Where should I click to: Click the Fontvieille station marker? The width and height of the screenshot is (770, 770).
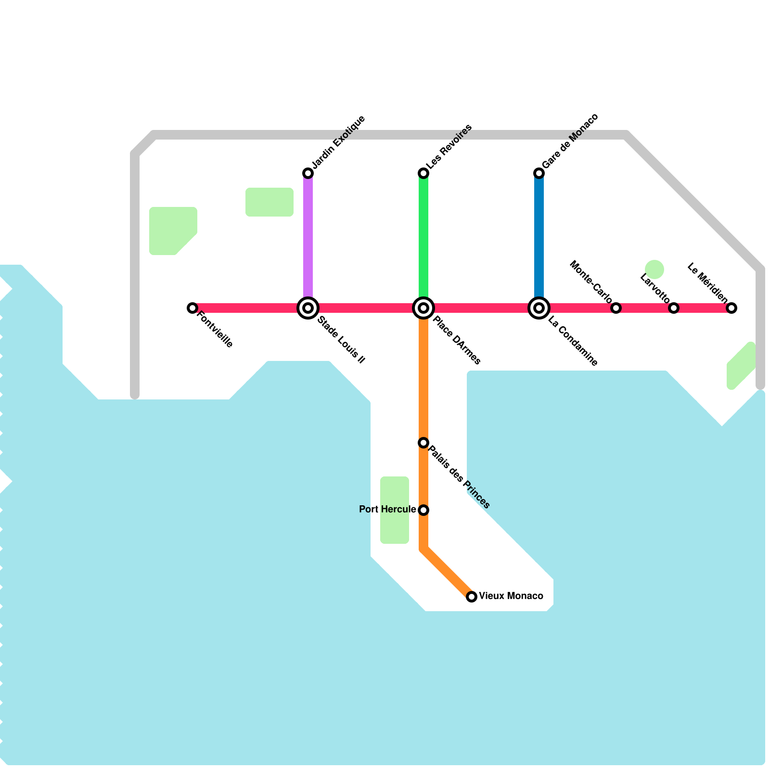pos(192,308)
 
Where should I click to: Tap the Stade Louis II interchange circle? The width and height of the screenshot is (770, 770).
pos(308,308)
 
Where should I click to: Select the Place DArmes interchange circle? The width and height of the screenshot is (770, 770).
pos(423,308)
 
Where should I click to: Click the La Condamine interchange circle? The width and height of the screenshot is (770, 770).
pos(539,308)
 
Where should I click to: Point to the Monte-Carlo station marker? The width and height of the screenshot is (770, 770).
pos(616,308)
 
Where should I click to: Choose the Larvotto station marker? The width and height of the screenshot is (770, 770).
pos(674,308)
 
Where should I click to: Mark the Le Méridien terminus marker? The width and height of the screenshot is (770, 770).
pos(731,308)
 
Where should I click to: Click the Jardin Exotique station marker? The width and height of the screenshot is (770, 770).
pos(308,173)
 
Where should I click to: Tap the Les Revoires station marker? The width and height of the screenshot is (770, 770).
pos(423,173)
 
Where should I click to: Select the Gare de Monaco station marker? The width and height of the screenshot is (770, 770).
pos(539,173)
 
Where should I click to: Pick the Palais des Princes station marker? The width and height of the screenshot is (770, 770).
pos(423,443)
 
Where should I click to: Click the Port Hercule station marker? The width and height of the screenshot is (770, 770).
pos(423,510)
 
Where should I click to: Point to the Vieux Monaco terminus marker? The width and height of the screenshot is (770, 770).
pos(472,597)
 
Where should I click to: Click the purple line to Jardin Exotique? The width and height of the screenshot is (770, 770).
pos(308,236)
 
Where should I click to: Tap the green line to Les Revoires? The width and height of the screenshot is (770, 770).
pos(423,236)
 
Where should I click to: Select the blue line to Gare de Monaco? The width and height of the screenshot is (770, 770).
pos(539,236)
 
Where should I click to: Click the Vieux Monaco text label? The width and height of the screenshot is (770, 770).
pos(511,596)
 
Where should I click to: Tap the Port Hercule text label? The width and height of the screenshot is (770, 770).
pos(387,510)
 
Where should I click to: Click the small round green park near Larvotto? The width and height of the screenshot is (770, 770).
pos(654,269)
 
